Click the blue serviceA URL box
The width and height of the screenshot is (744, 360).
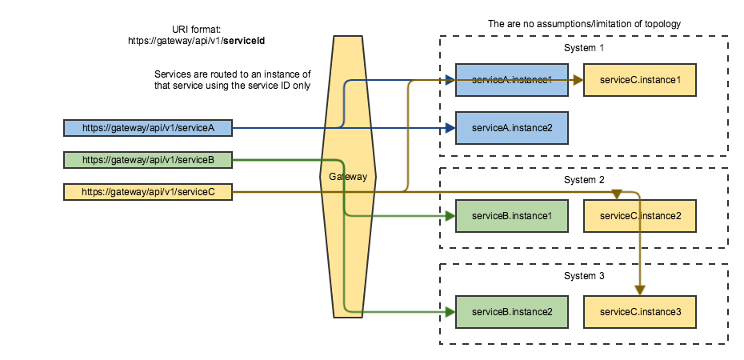click(x=148, y=127)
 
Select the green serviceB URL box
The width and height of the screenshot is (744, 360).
click(x=148, y=160)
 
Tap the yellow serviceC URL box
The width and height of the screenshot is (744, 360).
click(x=148, y=192)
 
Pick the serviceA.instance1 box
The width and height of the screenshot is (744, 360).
click(x=512, y=80)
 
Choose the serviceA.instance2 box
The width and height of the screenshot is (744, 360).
click(x=512, y=128)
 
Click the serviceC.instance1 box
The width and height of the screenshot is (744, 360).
click(x=640, y=80)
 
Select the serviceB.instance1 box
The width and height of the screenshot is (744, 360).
click(x=512, y=216)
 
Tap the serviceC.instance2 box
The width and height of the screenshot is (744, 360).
click(x=640, y=216)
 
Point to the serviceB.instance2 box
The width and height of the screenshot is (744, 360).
click(x=512, y=311)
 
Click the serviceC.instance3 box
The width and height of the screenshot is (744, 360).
click(x=640, y=311)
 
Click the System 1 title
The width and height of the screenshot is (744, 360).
click(x=583, y=48)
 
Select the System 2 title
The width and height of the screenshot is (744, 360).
click(x=583, y=180)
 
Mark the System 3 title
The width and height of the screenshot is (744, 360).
click(x=583, y=275)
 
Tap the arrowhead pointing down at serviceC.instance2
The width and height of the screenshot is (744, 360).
click(x=617, y=195)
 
